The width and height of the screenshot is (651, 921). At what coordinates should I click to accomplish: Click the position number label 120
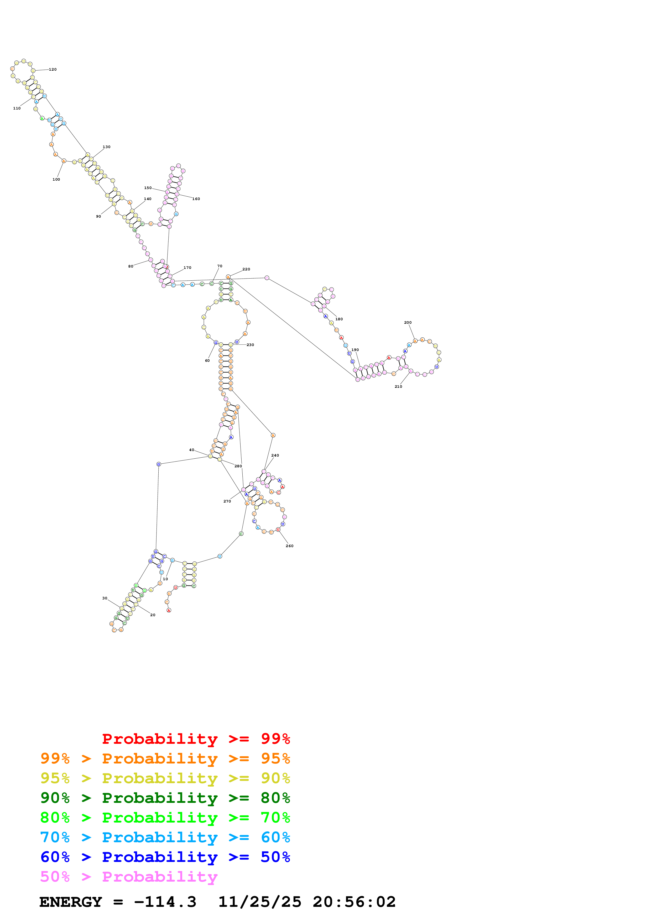[x=53, y=69]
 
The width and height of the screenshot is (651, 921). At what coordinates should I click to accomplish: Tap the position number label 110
[x=17, y=108]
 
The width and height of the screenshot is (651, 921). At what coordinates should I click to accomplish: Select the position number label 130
[x=106, y=147]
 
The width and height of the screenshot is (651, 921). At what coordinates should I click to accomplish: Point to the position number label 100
[x=56, y=179]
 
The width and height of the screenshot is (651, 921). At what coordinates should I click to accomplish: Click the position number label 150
[x=148, y=188]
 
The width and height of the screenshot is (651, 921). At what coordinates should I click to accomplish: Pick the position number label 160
[x=196, y=199]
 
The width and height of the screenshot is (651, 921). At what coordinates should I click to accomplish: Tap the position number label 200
[x=408, y=322]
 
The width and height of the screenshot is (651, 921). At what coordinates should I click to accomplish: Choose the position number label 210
[x=398, y=387]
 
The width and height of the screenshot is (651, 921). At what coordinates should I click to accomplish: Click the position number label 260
[x=290, y=546]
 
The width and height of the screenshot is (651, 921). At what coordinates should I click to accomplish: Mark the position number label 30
[x=105, y=598]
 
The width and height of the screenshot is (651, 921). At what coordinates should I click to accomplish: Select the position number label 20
[x=153, y=615]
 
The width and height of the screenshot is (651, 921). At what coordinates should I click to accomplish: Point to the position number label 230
[x=250, y=345]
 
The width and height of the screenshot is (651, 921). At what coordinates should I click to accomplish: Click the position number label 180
[x=339, y=319]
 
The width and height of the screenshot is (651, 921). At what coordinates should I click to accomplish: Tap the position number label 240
[x=275, y=455]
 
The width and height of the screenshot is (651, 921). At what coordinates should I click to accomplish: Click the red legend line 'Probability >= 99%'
[x=196, y=739]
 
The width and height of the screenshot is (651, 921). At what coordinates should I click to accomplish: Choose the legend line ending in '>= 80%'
[x=165, y=798]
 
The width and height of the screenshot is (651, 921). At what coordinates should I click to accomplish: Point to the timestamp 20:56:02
[x=354, y=902]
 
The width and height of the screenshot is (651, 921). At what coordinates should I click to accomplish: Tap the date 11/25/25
[x=259, y=902]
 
